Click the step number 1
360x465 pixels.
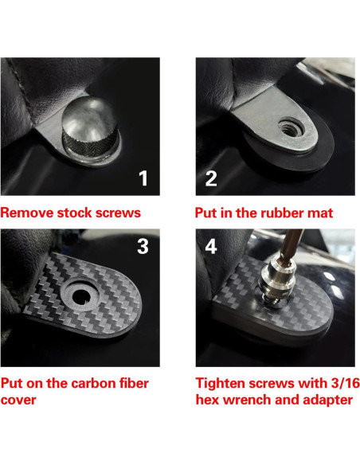coord(143,178)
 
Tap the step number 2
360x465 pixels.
coord(211,178)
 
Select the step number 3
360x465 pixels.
coord(143,247)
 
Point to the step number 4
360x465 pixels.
coord(211,247)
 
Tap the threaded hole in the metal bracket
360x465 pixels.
coord(284,125)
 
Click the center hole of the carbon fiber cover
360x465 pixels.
coord(81,297)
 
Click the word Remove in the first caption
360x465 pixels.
coord(27,213)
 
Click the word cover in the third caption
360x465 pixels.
coord(18,400)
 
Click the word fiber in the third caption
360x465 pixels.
coord(135,384)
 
